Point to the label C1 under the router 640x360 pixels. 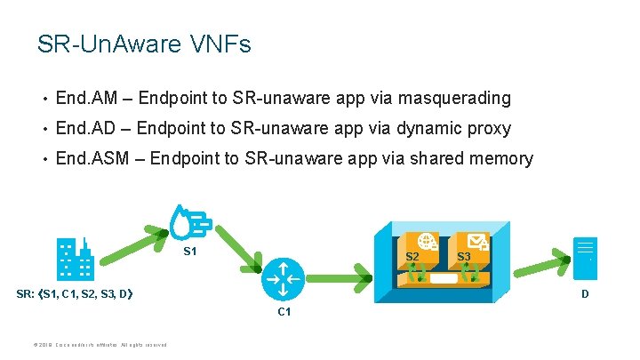[x=284, y=312]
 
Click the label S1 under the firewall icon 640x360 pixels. [x=189, y=252]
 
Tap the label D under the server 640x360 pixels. [x=585, y=292]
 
